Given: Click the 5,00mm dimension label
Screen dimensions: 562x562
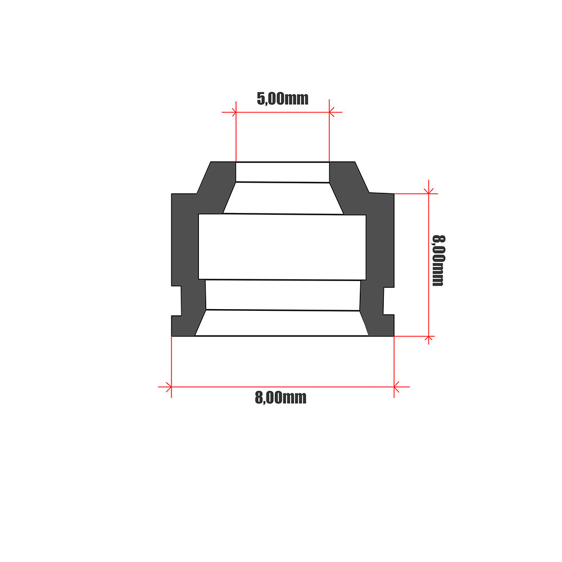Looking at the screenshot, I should (x=283, y=99).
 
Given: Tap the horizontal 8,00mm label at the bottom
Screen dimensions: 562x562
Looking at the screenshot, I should (x=280, y=398).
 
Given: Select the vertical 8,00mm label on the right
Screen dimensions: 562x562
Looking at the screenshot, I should (x=438, y=261).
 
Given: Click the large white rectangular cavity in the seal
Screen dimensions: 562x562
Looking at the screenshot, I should (x=282, y=247).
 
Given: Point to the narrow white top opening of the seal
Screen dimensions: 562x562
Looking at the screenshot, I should (x=282, y=172).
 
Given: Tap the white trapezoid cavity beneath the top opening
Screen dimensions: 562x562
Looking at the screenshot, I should (x=282, y=198).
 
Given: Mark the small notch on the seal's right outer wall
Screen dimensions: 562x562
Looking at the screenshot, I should (x=388, y=302).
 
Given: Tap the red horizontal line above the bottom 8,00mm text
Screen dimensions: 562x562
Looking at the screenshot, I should (x=281, y=387).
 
